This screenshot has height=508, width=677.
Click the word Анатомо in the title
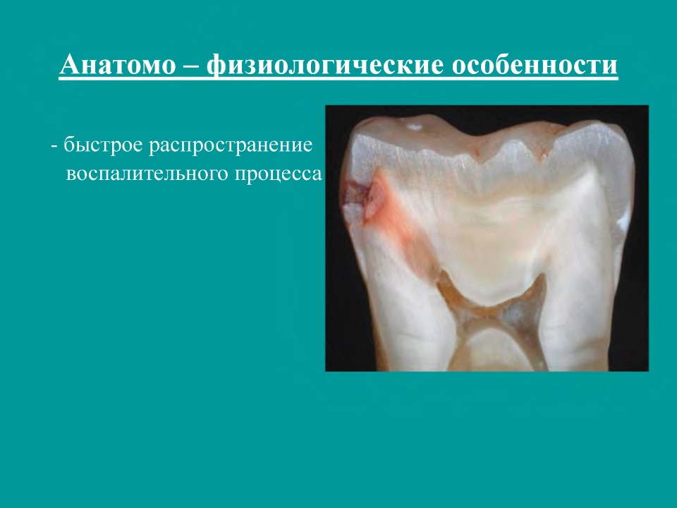coord(118,65)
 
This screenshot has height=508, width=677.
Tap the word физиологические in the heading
coord(325,66)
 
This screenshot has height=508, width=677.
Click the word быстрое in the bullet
coord(103,145)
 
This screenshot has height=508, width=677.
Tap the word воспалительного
coord(147,174)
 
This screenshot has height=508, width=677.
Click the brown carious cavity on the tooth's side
coord(356,195)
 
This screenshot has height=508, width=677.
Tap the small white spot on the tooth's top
coord(415,127)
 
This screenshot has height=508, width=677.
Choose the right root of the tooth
coord(574,320)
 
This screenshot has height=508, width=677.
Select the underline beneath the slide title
coord(338,79)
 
